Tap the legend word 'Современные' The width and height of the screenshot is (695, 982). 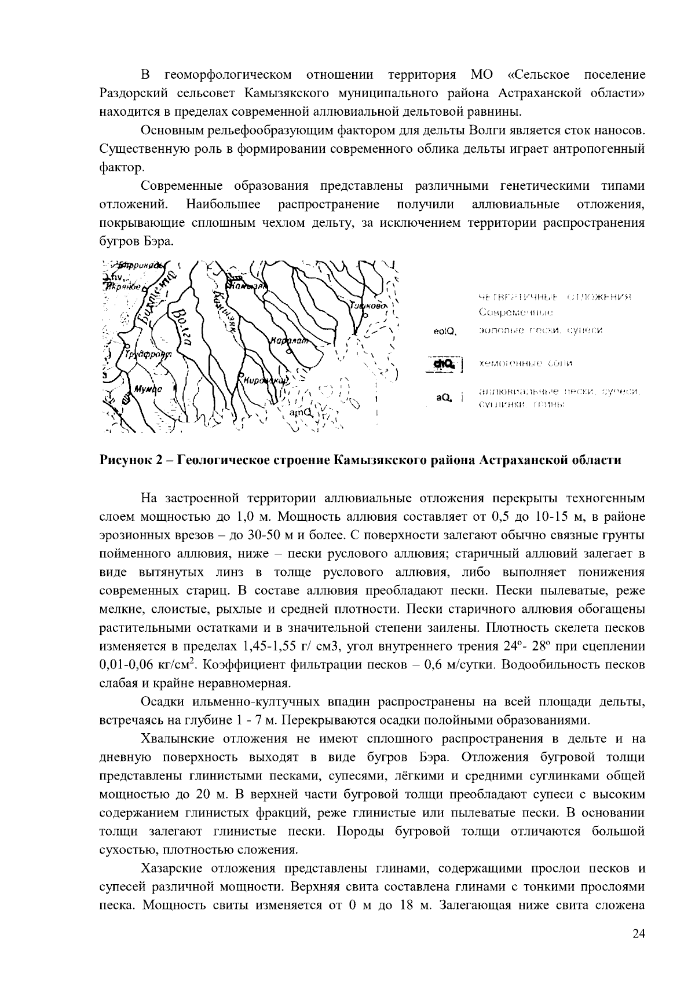[x=515, y=313]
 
